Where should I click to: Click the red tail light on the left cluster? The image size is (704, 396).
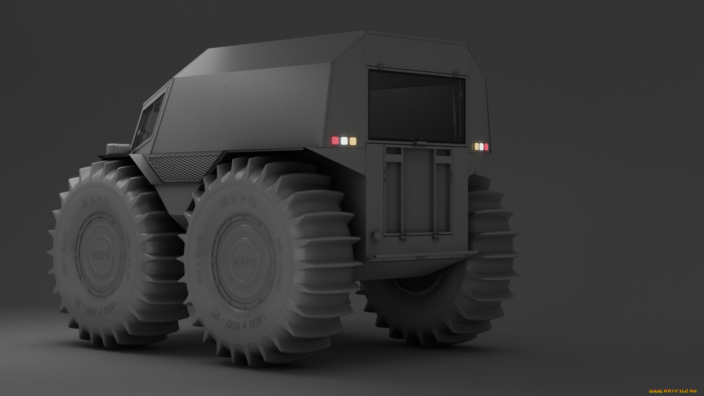(335, 141)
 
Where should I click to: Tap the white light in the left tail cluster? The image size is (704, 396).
(344, 141)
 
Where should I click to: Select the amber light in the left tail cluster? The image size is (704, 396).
(353, 142)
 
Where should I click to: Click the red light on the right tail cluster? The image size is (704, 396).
(486, 147)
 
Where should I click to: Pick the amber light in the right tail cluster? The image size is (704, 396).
(477, 147)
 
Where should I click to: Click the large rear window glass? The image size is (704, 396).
(416, 106)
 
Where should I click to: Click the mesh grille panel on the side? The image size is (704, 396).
(183, 167)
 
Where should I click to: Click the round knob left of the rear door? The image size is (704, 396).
(376, 236)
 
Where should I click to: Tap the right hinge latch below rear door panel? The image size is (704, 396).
(435, 237)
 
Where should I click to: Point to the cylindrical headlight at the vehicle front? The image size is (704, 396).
(117, 148)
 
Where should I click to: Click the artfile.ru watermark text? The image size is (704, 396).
(672, 391)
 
